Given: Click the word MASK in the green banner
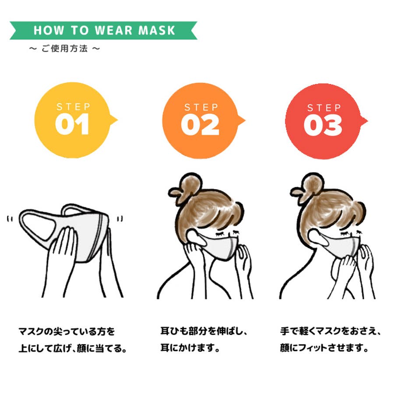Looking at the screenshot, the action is coord(157,30).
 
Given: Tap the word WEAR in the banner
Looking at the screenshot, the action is coord(114,30).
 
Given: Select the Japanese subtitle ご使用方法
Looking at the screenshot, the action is coord(65,49).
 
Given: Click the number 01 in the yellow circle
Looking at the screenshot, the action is coord(72,124).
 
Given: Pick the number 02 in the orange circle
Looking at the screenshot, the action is coord(200,125).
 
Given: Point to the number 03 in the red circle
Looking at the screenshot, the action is coord(323,125).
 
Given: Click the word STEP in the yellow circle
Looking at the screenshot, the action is coord(73,107).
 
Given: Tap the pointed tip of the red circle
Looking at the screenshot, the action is coord(367,121).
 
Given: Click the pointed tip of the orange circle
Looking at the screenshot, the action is coord(245,121).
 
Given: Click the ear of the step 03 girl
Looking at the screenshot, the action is coord(317,237).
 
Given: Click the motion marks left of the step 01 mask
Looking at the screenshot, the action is coord(10,219).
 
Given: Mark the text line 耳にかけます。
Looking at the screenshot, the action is coord(190,348).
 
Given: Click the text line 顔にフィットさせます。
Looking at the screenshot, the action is coord(324,348).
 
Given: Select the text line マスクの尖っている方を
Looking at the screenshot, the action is coord(67,331).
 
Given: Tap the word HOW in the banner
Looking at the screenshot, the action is coord(49,30).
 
